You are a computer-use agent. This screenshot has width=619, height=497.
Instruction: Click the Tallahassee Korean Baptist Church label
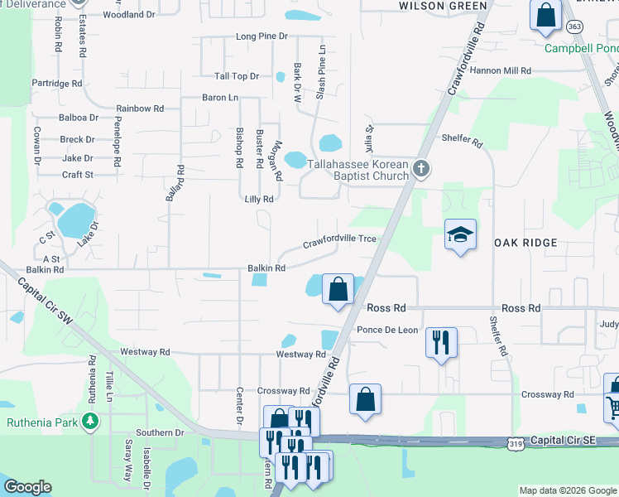pyautogui.click(x=358, y=170)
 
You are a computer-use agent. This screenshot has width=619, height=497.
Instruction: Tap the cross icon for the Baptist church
pyautogui.click(x=421, y=170)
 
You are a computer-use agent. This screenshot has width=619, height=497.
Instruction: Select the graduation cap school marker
pyautogui.click(x=460, y=235)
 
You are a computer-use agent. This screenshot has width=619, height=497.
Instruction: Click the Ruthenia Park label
pyautogui.click(x=42, y=422)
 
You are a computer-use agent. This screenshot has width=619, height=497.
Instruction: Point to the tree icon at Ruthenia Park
pyautogui.click(x=89, y=422)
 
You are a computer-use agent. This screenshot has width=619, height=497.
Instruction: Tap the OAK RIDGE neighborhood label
pyautogui.click(x=527, y=243)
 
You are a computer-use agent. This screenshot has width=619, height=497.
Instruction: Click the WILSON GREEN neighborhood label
pyautogui.click(x=443, y=6)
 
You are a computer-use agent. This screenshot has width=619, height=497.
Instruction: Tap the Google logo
pyautogui.click(x=28, y=487)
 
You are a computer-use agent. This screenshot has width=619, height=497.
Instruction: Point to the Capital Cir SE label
pyautogui.click(x=567, y=442)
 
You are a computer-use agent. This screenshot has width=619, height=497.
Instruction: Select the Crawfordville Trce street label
pyautogui.click(x=339, y=242)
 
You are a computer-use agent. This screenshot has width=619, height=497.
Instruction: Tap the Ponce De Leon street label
pyautogui.click(x=387, y=330)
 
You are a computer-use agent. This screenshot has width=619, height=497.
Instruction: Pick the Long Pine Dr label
pyautogui.click(x=262, y=36)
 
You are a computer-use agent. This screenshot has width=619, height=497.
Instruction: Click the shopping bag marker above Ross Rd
pyautogui.click(x=338, y=290)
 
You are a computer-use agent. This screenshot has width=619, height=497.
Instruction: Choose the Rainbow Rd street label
pyautogui.click(x=140, y=109)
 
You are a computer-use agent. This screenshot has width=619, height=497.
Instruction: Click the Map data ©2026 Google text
pyautogui.click(x=568, y=490)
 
